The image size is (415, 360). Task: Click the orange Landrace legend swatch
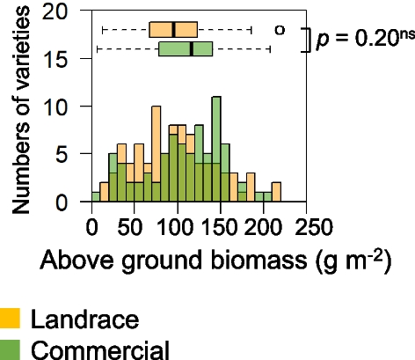coord(11,317)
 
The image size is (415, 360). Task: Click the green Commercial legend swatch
coord(11,348)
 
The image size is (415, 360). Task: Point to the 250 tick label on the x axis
coord(306,226)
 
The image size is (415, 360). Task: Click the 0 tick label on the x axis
coord(92,226)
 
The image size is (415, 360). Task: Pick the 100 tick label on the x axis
coord(178,226)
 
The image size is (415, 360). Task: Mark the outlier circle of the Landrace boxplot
coord(280,29)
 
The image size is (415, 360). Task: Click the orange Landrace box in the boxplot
coord(173,29)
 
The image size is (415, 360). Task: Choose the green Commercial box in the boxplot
coord(186,48)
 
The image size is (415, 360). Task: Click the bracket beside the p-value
coord(309,40)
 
